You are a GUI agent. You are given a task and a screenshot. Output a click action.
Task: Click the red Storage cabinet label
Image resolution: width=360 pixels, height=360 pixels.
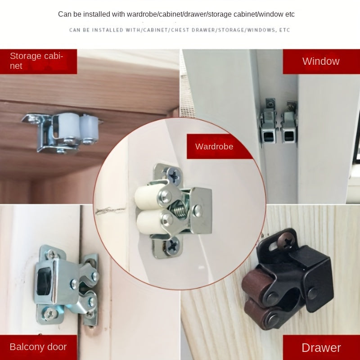pyautogui.click(x=38, y=61)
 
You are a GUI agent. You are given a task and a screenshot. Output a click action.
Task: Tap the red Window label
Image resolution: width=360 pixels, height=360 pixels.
pyautogui.click(x=320, y=61)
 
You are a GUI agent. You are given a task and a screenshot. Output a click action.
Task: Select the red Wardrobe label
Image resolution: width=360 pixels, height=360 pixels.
pyautogui.click(x=214, y=146)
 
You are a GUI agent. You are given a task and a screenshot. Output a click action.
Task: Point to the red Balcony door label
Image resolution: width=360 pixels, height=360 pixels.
pyautogui.click(x=38, y=347)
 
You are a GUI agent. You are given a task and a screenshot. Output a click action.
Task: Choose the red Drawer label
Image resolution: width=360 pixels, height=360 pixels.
pyautogui.click(x=321, y=347)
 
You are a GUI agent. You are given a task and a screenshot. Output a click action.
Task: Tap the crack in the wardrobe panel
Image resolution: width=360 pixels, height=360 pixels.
pyautogui.click(x=110, y=210)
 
